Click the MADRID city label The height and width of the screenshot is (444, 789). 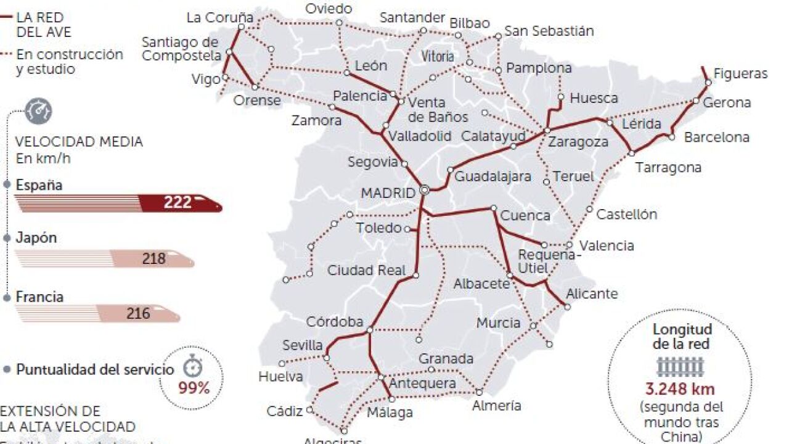[x=388, y=193]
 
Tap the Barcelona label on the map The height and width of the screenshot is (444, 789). [x=716, y=137]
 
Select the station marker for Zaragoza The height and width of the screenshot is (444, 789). [x=547, y=131]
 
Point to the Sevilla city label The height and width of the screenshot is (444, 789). [x=303, y=345]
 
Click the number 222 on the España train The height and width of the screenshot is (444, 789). [x=178, y=203]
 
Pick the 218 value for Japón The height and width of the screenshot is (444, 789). [x=153, y=258]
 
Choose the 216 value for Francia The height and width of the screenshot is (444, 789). [x=138, y=313]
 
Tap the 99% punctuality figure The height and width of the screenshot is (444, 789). [x=194, y=388]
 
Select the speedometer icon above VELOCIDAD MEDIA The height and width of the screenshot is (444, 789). [x=42, y=111]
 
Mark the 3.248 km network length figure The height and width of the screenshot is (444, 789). [x=681, y=389]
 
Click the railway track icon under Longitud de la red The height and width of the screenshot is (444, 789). [x=681, y=367]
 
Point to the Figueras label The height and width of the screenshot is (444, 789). [x=740, y=74]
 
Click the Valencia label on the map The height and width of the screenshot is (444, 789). [x=607, y=245]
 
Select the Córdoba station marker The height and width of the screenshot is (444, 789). [x=369, y=330]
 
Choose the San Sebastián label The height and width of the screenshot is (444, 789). [x=549, y=31]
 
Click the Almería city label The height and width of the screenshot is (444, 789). [x=496, y=406]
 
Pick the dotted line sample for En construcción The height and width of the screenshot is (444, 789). [x=7, y=54]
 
